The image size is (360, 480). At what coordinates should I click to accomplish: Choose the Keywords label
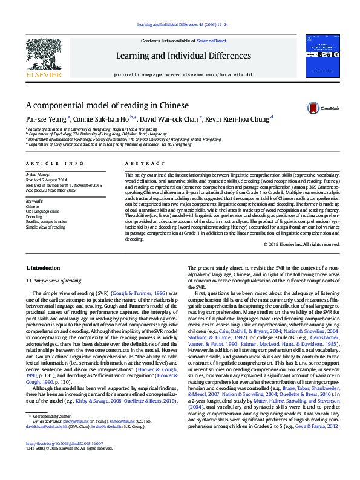(34, 201)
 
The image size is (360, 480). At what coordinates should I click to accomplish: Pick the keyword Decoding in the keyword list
(34, 216)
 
